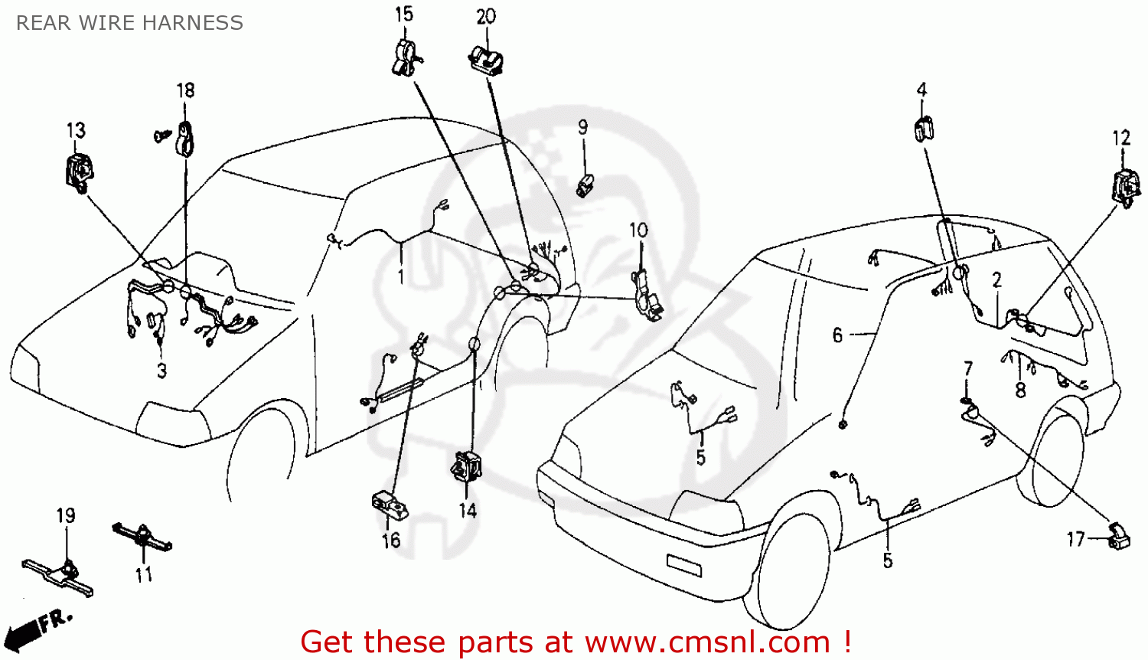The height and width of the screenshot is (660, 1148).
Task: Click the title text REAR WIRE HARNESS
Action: click(129, 23)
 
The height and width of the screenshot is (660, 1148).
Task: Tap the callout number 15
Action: click(404, 14)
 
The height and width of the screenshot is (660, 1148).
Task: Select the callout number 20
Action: click(486, 17)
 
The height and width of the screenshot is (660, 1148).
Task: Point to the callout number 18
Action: click(186, 90)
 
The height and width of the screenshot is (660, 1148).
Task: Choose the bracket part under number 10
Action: click(645, 295)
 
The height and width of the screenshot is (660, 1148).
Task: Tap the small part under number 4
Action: click(924, 129)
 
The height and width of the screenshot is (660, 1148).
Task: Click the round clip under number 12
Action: click(1125, 188)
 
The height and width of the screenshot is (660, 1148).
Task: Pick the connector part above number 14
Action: click(467, 466)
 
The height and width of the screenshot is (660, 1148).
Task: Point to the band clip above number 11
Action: click(142, 535)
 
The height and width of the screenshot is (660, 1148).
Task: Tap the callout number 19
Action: click(66, 515)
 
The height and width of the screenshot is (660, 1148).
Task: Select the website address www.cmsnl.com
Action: click(707, 642)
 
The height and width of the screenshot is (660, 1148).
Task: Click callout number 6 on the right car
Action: click(837, 335)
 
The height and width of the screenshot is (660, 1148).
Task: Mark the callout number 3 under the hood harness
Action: click(161, 371)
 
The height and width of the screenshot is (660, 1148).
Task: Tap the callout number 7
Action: click(968, 368)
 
